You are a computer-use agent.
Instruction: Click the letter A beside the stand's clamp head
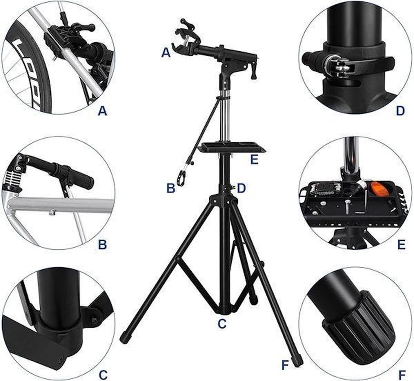coord(166,53)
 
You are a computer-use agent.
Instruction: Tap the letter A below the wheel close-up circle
coord(102,111)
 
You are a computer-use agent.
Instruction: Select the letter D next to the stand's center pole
coord(241,188)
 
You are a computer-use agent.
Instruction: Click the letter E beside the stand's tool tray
coord(254,160)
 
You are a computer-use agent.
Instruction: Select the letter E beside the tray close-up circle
coord(401,245)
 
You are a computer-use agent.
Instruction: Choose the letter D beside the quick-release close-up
coord(400,111)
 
